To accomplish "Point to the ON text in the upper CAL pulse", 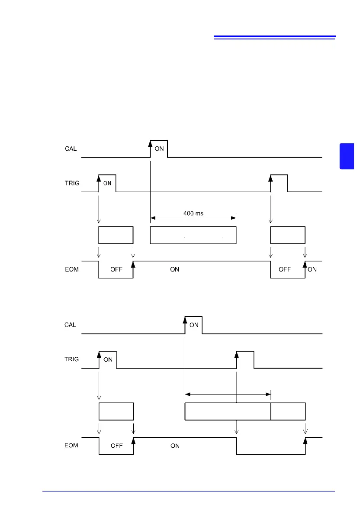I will pos(159,149).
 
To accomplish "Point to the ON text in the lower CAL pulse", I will pos(194,325).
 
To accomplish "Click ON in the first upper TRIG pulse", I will pos(107,183).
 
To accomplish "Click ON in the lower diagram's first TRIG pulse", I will pos(108,359).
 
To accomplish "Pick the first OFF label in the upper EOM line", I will pos(116,269).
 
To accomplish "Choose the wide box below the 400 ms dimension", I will pos(193,235).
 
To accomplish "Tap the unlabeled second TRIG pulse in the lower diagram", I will pos(245,359).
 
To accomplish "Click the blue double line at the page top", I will pos(275,38).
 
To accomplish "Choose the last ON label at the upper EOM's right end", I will pos(312,269).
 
